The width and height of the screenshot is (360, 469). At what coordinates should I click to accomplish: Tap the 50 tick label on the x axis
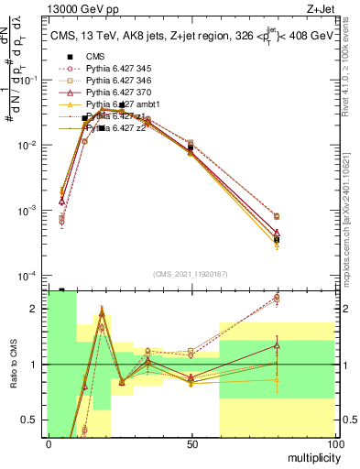[x=191, y=444]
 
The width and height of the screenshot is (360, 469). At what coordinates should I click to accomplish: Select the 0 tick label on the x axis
[x=49, y=444]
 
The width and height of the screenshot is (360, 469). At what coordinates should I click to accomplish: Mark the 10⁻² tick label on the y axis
[x=32, y=146]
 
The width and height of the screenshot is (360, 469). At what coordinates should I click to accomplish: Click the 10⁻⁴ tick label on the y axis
[x=32, y=276]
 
